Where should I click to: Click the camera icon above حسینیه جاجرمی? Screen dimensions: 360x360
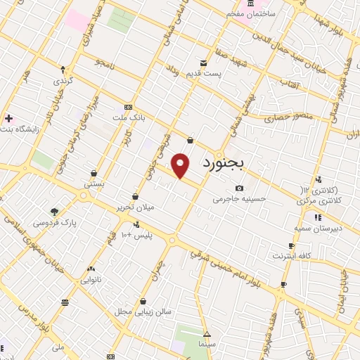coord(240,188)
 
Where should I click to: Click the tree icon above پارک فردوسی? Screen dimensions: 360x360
coord(54,211)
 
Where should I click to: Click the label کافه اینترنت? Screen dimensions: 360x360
coord(296,255)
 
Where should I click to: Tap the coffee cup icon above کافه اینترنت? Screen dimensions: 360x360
coord(291,245)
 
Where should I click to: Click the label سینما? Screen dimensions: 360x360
coord(207,345)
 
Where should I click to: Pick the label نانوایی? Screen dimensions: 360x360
coord(92,279)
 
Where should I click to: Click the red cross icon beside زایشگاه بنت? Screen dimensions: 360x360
coord(8,118)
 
